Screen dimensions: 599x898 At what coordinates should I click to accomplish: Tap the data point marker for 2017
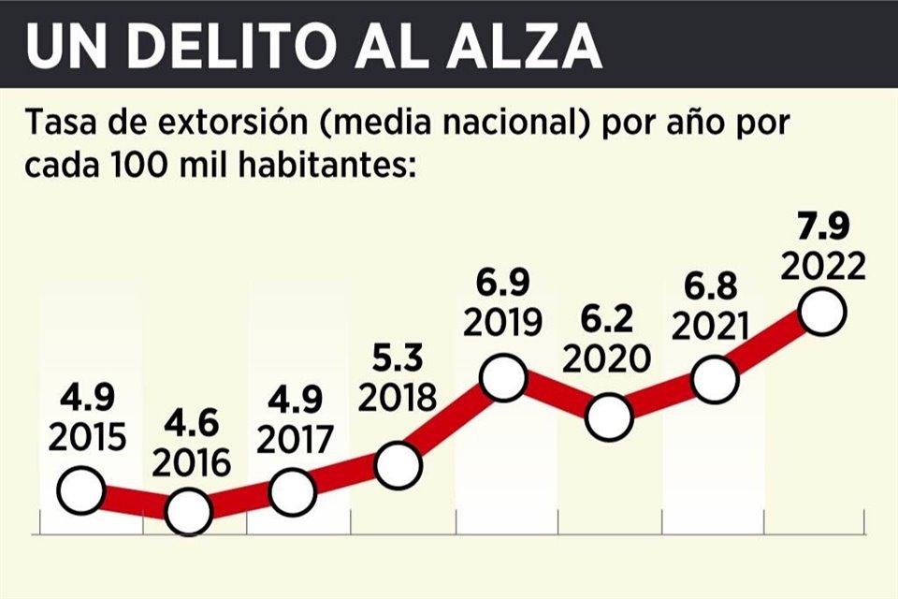293,489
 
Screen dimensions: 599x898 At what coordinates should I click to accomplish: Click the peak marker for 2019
503,377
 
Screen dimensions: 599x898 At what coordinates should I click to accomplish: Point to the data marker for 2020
609,416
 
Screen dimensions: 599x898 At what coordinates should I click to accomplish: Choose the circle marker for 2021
715,380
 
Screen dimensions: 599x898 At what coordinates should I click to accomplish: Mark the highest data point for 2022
823,312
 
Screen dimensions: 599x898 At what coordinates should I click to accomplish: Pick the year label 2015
84,438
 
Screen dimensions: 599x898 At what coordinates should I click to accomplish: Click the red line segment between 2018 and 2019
451,421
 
